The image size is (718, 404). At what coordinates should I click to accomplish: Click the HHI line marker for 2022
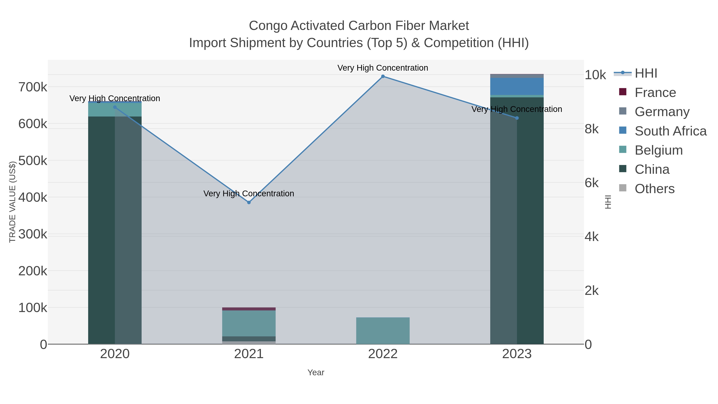tap(383, 76)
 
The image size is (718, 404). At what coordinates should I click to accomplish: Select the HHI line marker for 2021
tap(249, 202)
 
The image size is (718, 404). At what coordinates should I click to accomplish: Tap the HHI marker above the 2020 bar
tap(115, 107)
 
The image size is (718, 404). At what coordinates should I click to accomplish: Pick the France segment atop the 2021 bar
tap(249, 309)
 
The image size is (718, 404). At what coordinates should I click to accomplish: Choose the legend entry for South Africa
tap(670, 131)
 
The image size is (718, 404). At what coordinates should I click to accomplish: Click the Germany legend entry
tap(662, 112)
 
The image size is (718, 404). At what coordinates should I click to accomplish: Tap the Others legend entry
tap(654, 189)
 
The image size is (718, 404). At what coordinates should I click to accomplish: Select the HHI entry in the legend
tap(646, 73)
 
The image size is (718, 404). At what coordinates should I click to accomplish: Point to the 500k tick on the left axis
tap(33, 161)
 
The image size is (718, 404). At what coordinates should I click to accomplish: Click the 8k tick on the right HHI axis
tap(592, 129)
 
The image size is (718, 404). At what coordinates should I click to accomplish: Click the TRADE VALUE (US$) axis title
tap(13, 202)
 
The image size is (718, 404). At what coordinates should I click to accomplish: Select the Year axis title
tap(316, 372)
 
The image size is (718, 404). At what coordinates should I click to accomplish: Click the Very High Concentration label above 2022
tap(383, 68)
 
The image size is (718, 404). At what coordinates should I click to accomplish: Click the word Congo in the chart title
tap(268, 26)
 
